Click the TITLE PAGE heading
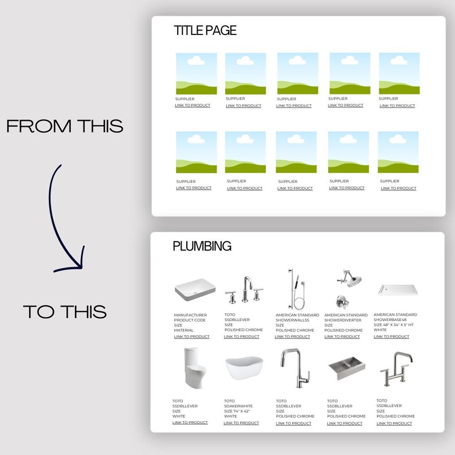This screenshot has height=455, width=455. (x=205, y=31)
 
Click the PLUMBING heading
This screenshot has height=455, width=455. (x=202, y=246)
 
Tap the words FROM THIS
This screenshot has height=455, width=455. (x=65, y=127)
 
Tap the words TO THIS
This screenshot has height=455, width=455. (x=65, y=312)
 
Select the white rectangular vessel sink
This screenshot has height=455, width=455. (x=191, y=291)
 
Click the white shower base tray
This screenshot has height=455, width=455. (x=395, y=290)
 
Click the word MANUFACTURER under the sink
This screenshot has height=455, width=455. (x=190, y=315)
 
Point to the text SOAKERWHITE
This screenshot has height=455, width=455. (x=239, y=406)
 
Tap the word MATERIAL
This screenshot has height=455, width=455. (x=183, y=330)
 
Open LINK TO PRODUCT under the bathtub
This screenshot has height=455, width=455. (x=241, y=423)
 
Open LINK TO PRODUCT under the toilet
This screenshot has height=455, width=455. (x=190, y=422)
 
